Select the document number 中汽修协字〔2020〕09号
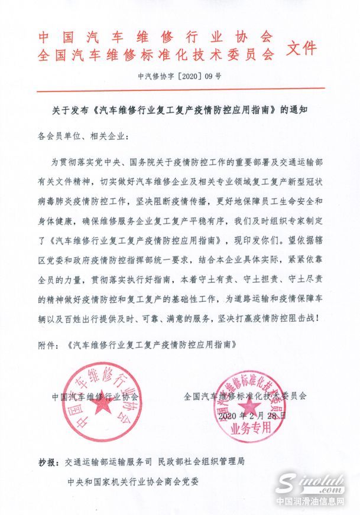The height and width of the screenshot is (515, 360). click(180, 76)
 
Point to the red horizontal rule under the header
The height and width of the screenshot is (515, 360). click(180, 89)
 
